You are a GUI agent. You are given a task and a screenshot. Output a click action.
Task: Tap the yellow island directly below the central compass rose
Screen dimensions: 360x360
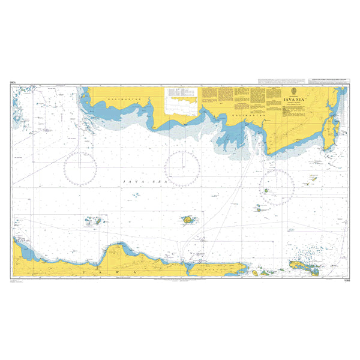coord(188,221)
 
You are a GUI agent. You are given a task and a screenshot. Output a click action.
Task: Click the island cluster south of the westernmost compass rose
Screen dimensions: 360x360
coord(93,221)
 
